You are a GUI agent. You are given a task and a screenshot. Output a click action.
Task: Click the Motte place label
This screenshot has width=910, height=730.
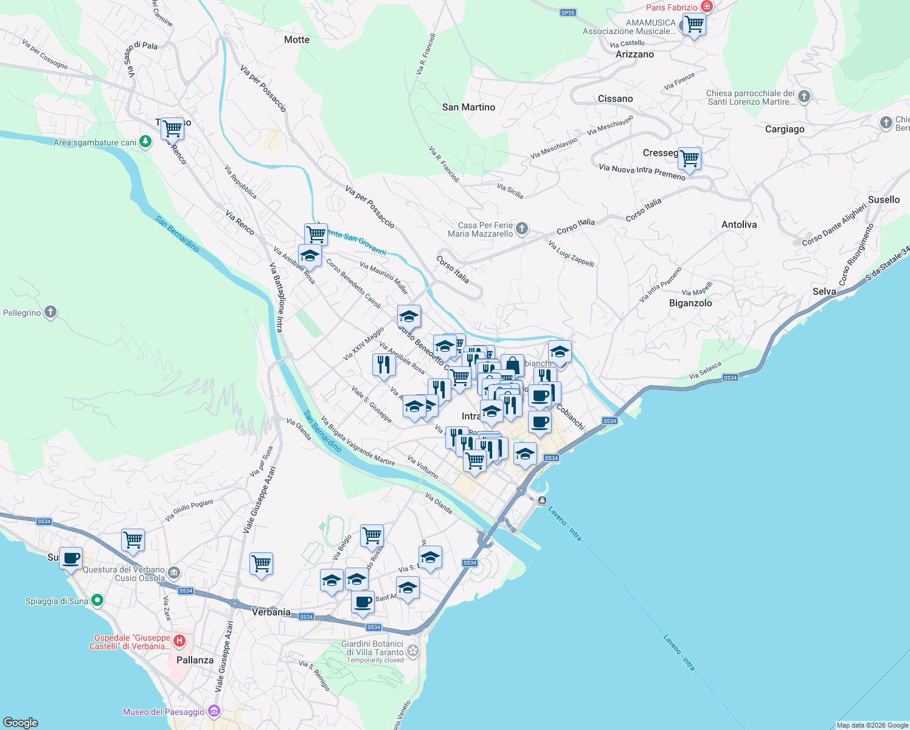(297, 40)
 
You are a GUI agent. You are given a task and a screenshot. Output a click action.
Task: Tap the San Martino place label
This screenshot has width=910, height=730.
(468, 107)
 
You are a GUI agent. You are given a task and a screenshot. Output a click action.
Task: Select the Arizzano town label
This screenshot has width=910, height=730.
(634, 54)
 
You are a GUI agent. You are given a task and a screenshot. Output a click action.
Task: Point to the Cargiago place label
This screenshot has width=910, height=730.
(784, 129)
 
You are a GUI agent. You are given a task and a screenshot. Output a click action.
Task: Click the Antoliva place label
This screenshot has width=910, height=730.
(739, 224)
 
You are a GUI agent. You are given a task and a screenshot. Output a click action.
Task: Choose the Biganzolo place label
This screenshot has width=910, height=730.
(690, 303)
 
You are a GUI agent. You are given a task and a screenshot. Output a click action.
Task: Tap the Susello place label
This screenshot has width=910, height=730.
(883, 200)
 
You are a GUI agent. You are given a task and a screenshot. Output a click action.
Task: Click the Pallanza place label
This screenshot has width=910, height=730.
(195, 660)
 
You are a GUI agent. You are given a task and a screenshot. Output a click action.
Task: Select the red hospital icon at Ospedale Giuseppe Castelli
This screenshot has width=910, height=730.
(179, 641)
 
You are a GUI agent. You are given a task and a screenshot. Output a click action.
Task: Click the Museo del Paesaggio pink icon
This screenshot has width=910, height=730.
(214, 711)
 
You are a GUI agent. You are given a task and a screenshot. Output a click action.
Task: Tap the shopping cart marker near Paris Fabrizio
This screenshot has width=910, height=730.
(693, 25)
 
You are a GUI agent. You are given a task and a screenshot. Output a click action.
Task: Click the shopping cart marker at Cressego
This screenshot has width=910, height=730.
(689, 158)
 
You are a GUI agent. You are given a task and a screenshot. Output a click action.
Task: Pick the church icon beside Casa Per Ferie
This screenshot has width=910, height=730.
(522, 229)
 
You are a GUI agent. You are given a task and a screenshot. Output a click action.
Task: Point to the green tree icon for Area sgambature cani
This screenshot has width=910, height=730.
(145, 142)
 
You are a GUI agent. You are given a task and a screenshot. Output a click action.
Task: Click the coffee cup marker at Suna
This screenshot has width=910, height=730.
(71, 557)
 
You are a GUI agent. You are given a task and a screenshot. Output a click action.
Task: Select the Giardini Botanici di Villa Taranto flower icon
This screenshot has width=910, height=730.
(413, 651)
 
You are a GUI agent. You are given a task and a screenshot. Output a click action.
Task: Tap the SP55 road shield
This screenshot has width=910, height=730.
(568, 12)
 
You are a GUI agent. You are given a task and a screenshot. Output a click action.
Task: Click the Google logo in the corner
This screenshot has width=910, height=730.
(21, 722)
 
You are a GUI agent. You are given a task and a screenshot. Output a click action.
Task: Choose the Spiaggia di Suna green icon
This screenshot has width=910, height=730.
(97, 600)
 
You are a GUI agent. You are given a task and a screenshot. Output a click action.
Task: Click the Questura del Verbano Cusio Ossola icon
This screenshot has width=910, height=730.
(175, 572)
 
